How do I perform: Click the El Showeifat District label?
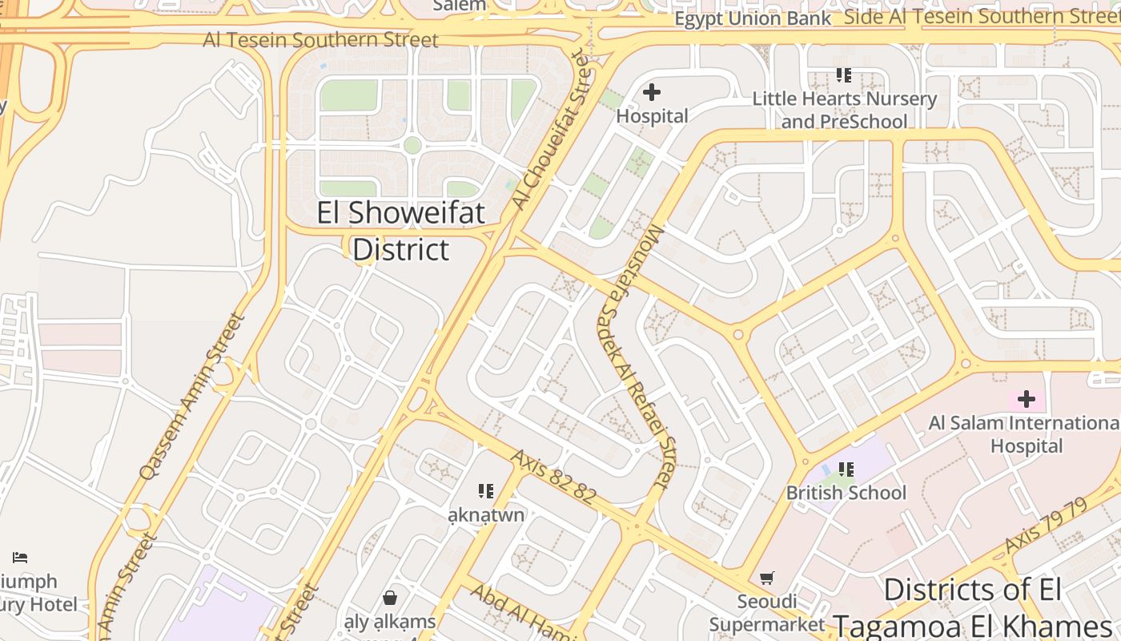click(x=400, y=232)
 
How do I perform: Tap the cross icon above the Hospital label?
click(x=652, y=92)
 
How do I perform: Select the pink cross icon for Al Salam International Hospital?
click(x=1026, y=398)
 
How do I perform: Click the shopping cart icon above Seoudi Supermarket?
click(x=767, y=578)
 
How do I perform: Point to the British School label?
click(x=846, y=492)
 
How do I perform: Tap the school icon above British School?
click(x=846, y=470)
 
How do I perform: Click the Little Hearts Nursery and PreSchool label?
click(x=845, y=110)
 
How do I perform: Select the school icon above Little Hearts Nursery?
click(x=843, y=75)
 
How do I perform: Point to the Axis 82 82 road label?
click(x=553, y=477)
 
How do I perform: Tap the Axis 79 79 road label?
click(x=1046, y=525)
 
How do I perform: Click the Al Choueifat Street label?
click(x=552, y=128)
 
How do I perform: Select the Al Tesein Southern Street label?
click(x=320, y=39)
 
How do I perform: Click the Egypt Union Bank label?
click(x=753, y=18)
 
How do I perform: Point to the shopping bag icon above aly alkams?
click(x=390, y=597)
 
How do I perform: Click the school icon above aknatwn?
click(x=485, y=490)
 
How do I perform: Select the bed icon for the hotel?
click(x=20, y=557)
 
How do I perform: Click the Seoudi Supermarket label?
click(x=766, y=613)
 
